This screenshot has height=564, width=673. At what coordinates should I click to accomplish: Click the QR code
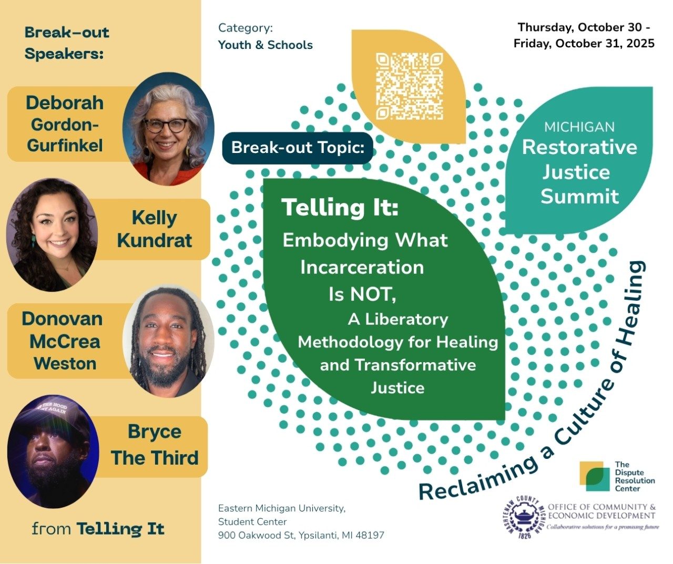point(410,87)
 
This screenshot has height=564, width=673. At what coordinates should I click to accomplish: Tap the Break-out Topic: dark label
point(298,148)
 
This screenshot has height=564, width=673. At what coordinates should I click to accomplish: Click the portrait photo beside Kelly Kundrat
point(52,235)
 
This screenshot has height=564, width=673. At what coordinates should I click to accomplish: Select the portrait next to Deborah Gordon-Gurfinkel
point(169,129)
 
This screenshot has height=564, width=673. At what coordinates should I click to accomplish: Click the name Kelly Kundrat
point(155,229)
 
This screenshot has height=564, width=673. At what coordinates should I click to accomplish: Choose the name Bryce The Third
point(155,445)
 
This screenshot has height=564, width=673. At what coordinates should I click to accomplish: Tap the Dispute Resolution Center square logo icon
point(594,476)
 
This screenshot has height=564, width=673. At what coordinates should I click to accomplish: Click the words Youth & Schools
point(266,45)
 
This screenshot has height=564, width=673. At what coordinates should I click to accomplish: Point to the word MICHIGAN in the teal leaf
point(579,127)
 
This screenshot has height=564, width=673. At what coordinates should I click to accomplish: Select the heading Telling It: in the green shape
point(340,207)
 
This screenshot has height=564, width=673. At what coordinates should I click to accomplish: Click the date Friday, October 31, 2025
point(584,43)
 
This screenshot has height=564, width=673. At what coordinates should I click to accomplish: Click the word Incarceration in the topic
point(362,267)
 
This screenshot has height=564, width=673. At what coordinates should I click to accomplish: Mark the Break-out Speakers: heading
point(67,43)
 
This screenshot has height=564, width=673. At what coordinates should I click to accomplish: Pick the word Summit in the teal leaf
point(580,196)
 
